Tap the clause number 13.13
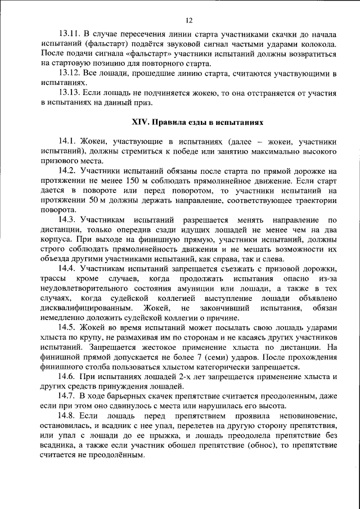coord(69,92)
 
